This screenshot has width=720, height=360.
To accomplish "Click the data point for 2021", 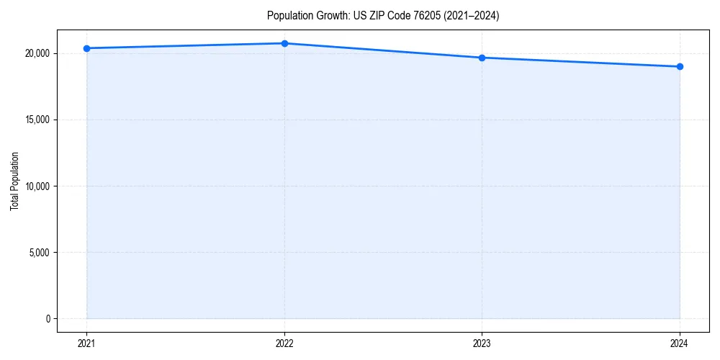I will (86, 48).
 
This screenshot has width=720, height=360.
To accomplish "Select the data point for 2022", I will (284, 43).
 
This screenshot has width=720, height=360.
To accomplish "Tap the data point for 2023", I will (482, 58).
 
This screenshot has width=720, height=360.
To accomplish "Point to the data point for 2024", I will (680, 67).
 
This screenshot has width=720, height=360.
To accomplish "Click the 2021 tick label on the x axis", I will (86, 343).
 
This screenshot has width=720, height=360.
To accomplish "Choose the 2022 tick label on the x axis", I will (284, 343).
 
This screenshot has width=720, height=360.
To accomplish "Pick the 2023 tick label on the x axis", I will (482, 343).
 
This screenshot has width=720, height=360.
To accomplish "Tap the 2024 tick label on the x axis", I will (680, 343).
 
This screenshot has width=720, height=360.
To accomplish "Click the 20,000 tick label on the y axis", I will (37, 53).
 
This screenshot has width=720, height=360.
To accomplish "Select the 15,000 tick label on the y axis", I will (37, 120).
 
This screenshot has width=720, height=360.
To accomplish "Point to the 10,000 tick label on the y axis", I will (37, 186).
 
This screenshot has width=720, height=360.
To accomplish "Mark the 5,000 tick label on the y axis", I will (40, 253).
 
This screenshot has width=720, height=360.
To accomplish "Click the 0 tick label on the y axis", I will (47, 319).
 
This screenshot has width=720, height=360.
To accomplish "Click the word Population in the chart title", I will (287, 16).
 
